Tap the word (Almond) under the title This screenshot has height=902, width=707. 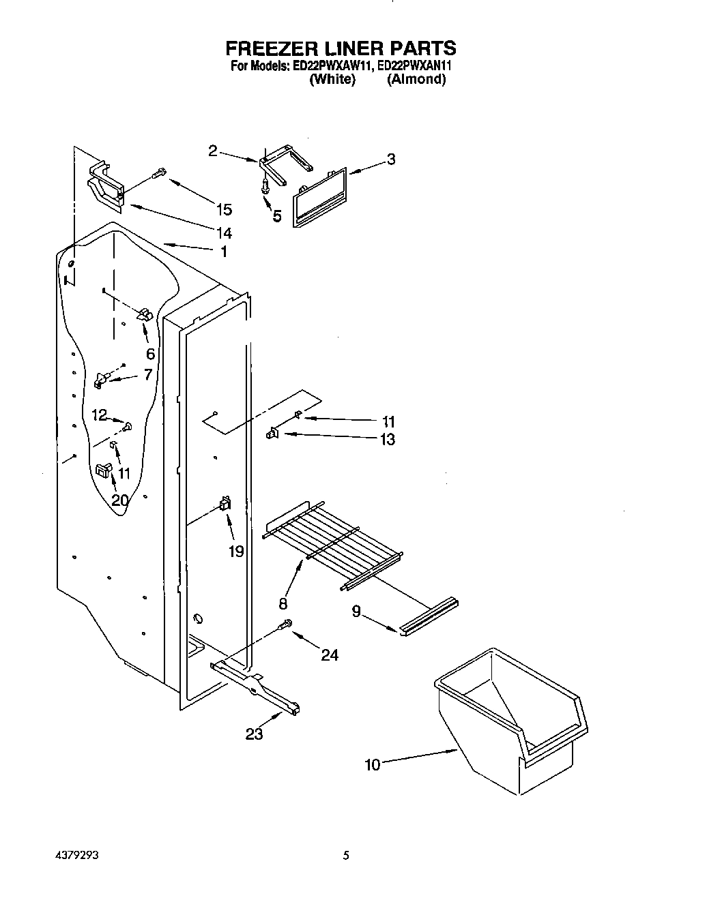coord(416,79)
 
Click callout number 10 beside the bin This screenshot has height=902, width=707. coord(372,764)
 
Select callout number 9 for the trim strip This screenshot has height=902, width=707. coord(356,612)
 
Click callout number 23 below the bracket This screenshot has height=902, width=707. coord(255,734)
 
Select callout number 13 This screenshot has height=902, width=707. coord(387,440)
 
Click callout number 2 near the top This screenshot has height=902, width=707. coord(212,151)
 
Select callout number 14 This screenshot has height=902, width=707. coord(223,232)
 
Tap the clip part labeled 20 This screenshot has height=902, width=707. coord(103,470)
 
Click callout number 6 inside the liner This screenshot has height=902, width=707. coord(150,354)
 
